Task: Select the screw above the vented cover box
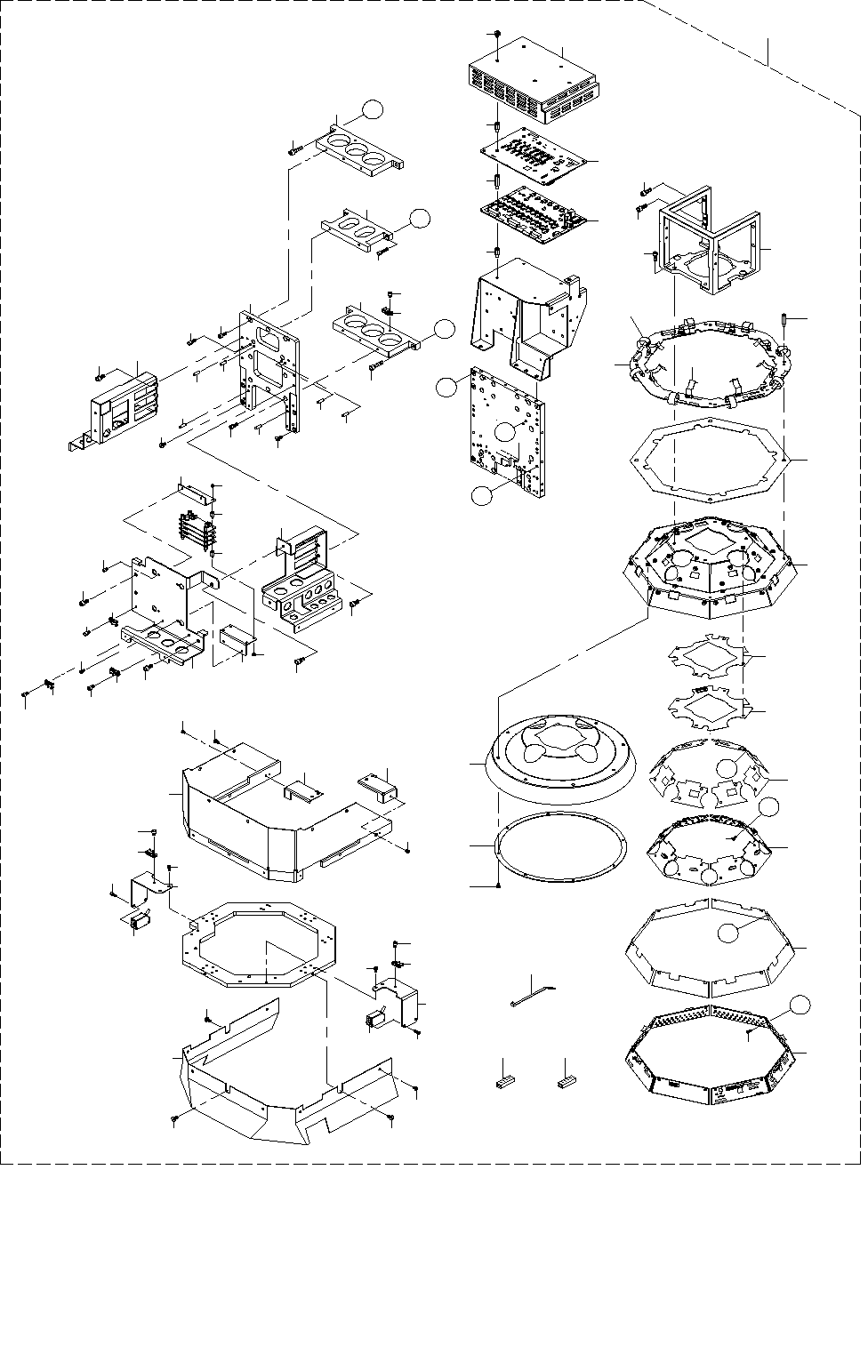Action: (495, 34)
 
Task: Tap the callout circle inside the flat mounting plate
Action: (505, 431)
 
